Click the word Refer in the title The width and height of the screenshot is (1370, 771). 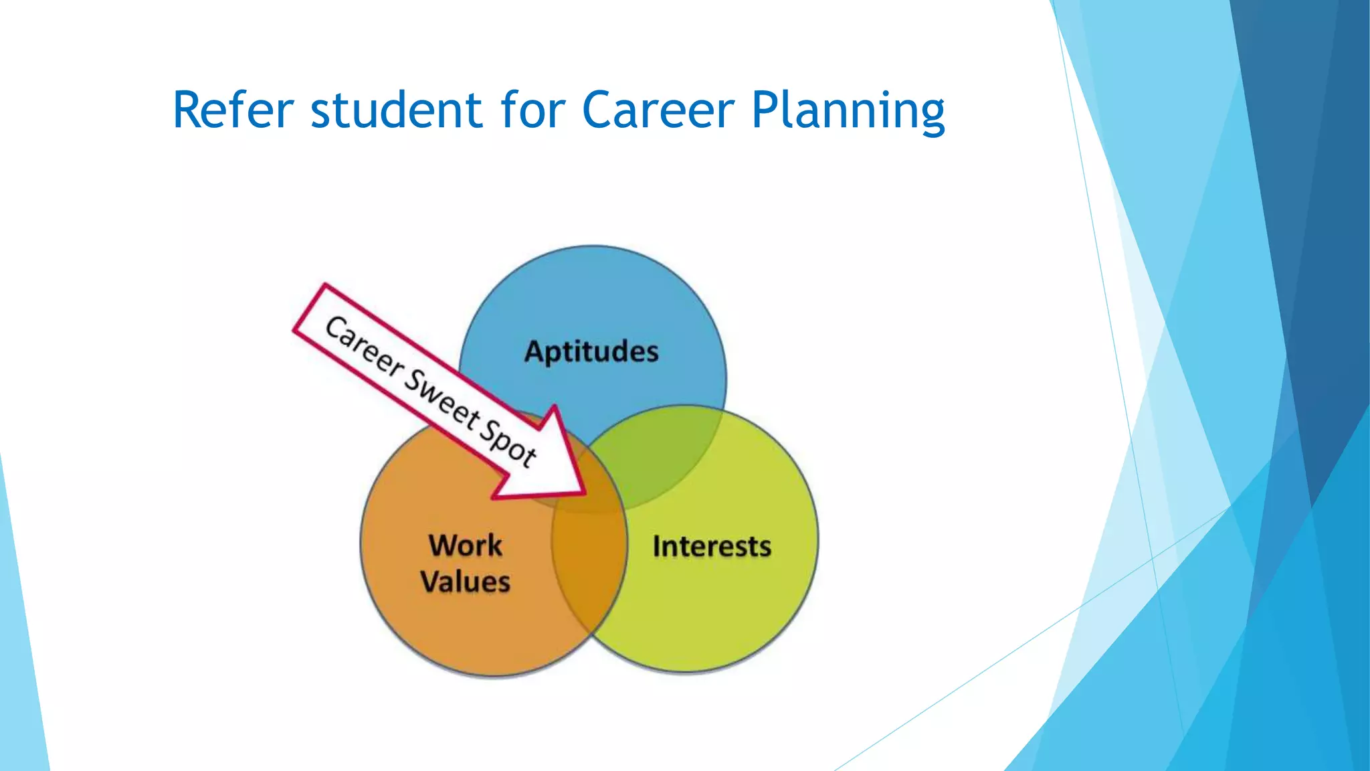pos(232,110)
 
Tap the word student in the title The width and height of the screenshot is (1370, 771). pos(395,110)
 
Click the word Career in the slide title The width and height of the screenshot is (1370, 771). pos(658,110)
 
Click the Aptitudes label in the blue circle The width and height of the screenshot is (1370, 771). pos(591,352)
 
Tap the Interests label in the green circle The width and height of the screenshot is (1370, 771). pos(712,547)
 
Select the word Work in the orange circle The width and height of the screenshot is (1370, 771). pos(466,545)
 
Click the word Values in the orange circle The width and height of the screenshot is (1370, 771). pos(466,582)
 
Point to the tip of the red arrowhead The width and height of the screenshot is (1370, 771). pos(585,494)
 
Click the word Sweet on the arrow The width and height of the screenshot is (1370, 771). pos(442,401)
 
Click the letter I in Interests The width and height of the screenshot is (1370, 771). pos(657,546)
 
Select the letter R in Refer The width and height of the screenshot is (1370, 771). pos(187,110)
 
